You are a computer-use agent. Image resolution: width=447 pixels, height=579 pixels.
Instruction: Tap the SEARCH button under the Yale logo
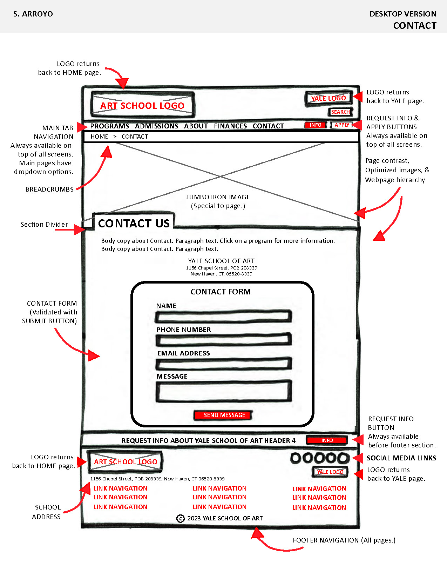[340, 112]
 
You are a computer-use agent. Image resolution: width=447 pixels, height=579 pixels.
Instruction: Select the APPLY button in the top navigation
[342, 125]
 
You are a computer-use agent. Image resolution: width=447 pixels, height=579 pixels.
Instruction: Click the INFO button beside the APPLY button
[316, 125]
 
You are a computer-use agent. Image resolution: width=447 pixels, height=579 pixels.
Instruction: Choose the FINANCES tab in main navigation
[230, 126]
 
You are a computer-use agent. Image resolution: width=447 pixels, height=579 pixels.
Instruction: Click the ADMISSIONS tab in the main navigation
[156, 126]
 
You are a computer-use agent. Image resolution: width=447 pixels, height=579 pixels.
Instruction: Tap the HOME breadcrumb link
[99, 137]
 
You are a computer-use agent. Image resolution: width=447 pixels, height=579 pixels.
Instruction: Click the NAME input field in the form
[223, 317]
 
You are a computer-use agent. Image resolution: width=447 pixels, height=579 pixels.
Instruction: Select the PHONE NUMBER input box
[223, 340]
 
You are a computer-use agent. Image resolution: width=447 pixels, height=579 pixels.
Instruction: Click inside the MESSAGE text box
[223, 391]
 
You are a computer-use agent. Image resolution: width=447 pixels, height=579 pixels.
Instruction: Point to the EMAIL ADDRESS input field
[223, 364]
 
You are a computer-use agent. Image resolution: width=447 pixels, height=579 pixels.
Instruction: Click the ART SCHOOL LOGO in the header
[142, 105]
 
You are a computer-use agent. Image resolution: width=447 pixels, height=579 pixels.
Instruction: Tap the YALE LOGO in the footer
[330, 472]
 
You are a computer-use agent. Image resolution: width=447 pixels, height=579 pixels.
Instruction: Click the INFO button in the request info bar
[327, 440]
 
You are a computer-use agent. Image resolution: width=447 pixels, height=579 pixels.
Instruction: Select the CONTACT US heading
[134, 223]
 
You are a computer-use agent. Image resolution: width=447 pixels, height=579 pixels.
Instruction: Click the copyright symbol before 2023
[180, 518]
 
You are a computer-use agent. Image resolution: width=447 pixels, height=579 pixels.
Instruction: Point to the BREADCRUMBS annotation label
[49, 189]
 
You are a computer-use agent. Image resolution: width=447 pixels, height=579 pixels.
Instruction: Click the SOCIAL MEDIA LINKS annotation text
[401, 458]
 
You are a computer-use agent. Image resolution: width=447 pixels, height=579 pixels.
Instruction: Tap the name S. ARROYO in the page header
[33, 14]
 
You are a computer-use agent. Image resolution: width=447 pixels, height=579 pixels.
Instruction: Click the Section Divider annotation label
[44, 225]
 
